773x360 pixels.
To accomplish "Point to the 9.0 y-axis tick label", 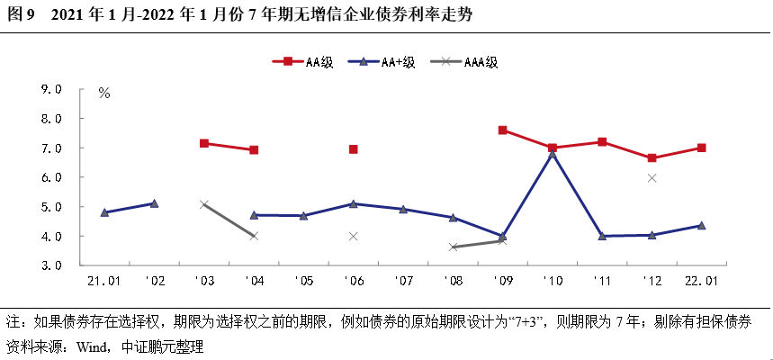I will pyautogui.click(x=50, y=90).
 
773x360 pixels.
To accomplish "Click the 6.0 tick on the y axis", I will pyautogui.click(x=50, y=178).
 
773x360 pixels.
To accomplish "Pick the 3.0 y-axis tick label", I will pyautogui.click(x=50, y=266).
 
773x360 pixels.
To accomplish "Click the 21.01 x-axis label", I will pyautogui.click(x=104, y=281).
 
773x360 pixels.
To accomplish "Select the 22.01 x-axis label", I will pyautogui.click(x=700, y=281).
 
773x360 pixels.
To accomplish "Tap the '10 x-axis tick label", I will pyautogui.click(x=551, y=281).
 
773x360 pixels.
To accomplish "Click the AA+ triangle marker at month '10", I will pyautogui.click(x=552, y=154).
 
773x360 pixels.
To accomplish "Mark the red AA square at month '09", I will pyautogui.click(x=502, y=130).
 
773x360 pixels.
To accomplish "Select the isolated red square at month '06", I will pyautogui.click(x=354, y=149).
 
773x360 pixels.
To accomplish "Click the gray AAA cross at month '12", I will pyautogui.click(x=652, y=178).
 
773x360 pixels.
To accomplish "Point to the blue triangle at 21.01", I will pyautogui.click(x=105, y=212).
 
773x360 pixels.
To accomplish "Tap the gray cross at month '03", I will pyautogui.click(x=204, y=205).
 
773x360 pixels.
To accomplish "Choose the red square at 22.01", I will pyautogui.click(x=701, y=148).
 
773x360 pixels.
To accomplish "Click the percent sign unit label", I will pyautogui.click(x=104, y=94).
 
